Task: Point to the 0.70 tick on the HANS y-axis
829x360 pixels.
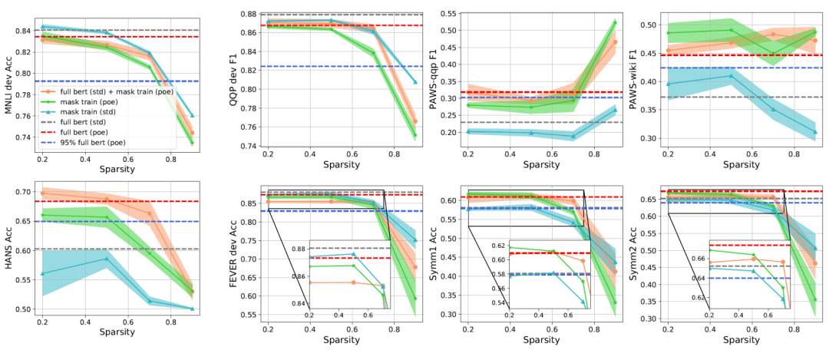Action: [x=24, y=193]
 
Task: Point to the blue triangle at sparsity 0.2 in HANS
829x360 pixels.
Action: [x=43, y=273]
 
